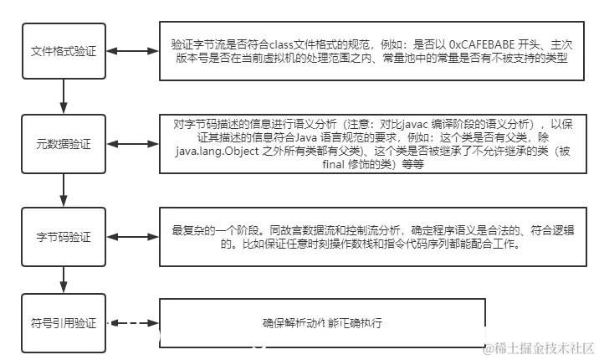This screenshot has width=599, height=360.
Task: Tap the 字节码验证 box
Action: click(x=64, y=234)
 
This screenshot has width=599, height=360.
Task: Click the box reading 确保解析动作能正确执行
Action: click(x=322, y=322)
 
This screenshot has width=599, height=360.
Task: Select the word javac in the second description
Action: click(x=391, y=124)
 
